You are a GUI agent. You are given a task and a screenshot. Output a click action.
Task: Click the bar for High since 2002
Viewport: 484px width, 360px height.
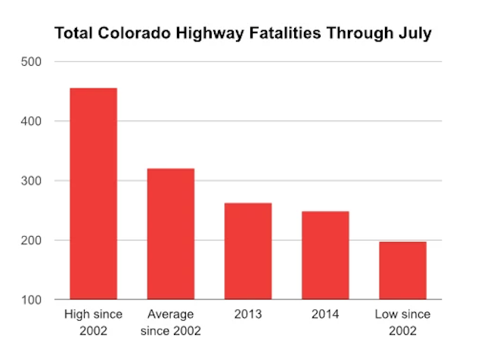point(94,194)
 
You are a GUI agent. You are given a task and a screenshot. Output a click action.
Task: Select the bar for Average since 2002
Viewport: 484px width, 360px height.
point(171,234)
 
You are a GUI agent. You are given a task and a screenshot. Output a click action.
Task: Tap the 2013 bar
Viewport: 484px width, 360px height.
point(248,251)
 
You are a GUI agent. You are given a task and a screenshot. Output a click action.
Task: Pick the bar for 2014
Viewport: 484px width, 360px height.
point(325,256)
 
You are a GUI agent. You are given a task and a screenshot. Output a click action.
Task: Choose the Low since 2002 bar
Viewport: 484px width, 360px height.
point(402,271)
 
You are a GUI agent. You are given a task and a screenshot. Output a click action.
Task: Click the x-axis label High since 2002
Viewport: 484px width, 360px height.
point(94,321)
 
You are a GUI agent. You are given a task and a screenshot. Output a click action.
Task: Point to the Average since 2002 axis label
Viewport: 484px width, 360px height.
point(171,321)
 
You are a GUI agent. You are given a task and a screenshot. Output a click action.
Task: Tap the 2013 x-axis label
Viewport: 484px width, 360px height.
point(248,314)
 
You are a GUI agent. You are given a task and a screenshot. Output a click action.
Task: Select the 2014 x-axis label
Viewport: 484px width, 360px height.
point(325,314)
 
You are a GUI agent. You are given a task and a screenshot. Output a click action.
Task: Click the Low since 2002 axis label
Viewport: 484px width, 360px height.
point(402,321)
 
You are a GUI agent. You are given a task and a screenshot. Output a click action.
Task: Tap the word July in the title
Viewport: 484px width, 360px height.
point(415,34)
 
